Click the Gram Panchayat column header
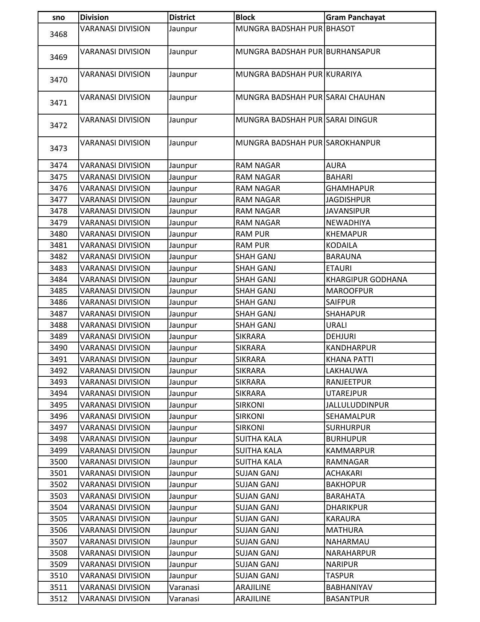[x=355, y=17]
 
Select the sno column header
[x=58, y=17]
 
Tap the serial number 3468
[x=58, y=34]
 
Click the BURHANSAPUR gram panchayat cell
[x=353, y=52]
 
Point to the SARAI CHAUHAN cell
[x=355, y=97]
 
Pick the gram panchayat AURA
[x=336, y=165]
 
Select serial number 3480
[x=58, y=234]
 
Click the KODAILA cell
[x=341, y=245]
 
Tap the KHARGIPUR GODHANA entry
[x=366, y=280]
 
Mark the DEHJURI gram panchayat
[x=341, y=336]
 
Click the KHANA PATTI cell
[x=349, y=359]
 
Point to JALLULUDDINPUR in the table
[x=357, y=405]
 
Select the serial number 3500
[x=58, y=462]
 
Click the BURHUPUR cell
[x=346, y=439]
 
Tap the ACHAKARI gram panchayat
[x=344, y=473]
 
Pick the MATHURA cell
[x=344, y=530]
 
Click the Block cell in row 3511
[x=253, y=587]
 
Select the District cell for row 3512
[x=184, y=599]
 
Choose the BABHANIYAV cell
[x=349, y=587]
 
